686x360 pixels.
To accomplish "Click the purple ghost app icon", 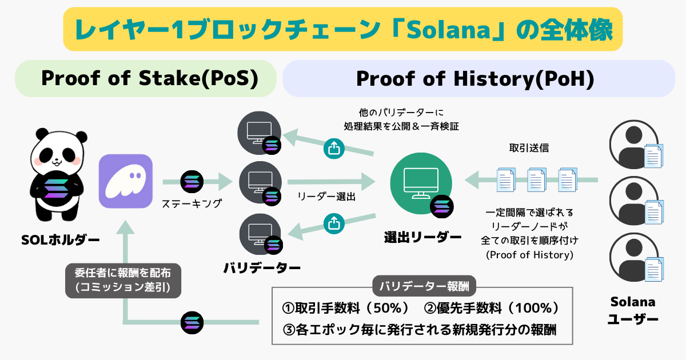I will [x=126, y=181].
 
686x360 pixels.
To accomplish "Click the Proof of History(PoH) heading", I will [x=475, y=79].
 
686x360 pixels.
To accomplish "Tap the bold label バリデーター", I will [x=261, y=267].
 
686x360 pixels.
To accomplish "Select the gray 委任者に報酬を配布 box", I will [x=123, y=280].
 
